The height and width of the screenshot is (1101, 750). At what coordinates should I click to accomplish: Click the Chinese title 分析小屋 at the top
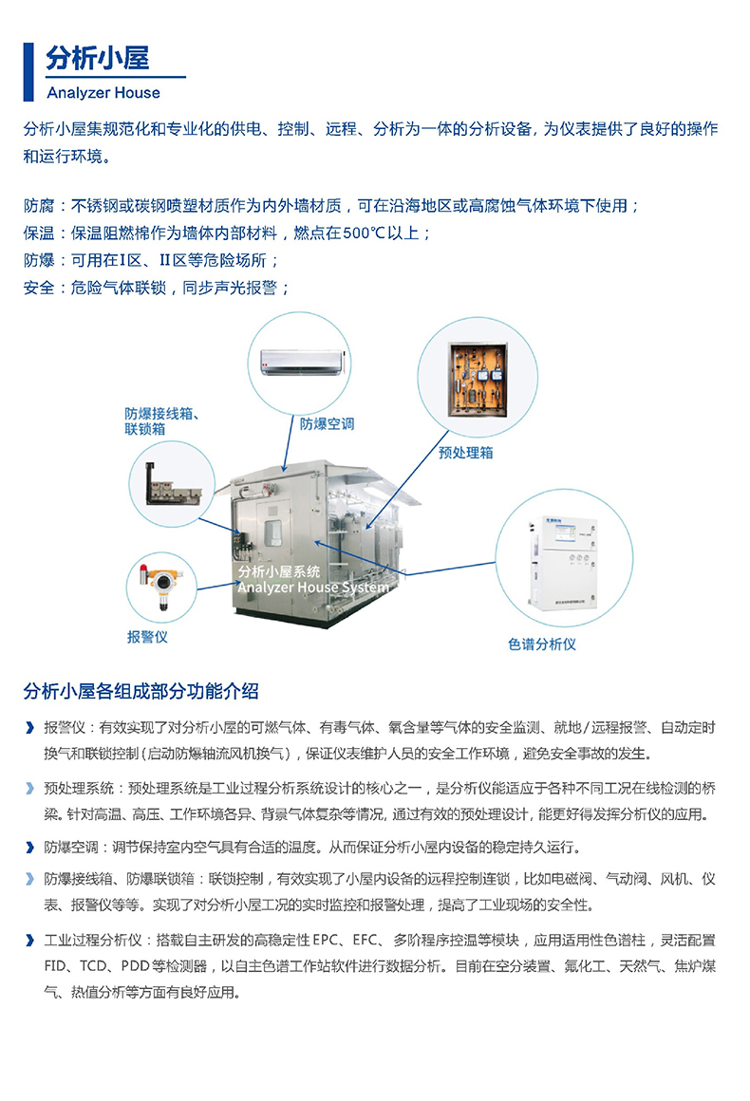(x=98, y=58)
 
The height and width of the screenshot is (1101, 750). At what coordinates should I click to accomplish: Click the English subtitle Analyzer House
(x=103, y=93)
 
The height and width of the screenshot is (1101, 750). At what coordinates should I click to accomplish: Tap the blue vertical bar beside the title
(x=28, y=71)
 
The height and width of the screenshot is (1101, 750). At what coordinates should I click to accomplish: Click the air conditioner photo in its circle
(x=303, y=363)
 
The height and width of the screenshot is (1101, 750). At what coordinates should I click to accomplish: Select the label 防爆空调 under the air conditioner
(x=328, y=424)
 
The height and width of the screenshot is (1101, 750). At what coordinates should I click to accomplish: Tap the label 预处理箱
(x=465, y=453)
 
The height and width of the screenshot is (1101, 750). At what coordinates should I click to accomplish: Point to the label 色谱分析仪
(x=541, y=644)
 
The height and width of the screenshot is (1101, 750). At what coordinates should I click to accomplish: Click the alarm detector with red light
(x=160, y=585)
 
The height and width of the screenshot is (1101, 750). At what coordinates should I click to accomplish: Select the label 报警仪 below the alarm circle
(x=147, y=637)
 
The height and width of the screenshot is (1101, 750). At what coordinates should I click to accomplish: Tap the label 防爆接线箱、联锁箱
(x=161, y=420)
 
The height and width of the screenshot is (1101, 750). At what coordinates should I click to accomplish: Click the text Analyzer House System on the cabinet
(x=313, y=587)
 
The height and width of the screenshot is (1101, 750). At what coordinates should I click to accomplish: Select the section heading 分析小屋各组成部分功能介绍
(x=141, y=691)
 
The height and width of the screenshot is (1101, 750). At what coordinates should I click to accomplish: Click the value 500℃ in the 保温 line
(x=366, y=233)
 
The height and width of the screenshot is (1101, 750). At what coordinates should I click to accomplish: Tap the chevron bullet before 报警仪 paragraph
(x=29, y=727)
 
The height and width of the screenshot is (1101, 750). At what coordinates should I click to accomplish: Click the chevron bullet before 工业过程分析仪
(x=29, y=941)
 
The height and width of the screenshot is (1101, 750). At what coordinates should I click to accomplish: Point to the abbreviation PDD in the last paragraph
(x=136, y=966)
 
